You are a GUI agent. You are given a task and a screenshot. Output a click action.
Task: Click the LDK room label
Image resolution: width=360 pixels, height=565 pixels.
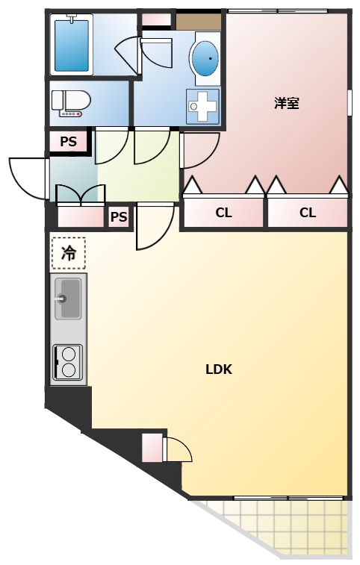219,369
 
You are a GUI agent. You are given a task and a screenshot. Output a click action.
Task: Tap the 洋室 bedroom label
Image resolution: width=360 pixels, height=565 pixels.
286,103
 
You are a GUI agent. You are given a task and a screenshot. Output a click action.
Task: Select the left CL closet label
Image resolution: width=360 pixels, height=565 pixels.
223,213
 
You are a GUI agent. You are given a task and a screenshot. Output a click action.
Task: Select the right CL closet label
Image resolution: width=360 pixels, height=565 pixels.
307,213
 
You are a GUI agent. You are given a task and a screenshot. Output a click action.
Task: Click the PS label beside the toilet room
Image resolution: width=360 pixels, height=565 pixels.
68,142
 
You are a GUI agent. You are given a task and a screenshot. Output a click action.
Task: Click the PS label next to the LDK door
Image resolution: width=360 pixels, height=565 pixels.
119,217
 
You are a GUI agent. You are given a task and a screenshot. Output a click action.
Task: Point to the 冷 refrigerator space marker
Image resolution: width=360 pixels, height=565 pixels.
69,253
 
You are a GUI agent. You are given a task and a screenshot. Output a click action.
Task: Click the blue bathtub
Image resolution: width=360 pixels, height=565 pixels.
72,46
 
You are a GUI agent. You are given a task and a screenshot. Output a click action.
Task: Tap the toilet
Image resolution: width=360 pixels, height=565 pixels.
71,103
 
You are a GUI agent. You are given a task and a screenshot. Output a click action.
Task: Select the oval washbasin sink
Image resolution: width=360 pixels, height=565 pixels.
205,59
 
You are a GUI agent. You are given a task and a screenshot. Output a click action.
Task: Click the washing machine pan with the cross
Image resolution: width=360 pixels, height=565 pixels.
202,106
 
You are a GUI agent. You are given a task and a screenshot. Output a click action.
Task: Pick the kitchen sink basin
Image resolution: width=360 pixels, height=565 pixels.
68,299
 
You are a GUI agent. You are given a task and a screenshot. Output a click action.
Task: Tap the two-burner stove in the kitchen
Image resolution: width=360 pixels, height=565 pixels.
68,363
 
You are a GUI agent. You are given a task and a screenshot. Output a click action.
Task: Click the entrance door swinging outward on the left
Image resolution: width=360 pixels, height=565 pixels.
29,178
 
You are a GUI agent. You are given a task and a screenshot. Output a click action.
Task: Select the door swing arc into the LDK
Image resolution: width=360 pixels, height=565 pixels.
155,226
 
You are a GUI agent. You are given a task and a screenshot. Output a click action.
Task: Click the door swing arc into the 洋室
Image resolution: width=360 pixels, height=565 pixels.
201,150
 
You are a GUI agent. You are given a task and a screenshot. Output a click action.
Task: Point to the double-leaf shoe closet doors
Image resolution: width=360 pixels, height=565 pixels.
81,195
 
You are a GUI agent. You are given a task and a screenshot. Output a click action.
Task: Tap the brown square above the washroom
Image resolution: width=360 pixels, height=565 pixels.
199,22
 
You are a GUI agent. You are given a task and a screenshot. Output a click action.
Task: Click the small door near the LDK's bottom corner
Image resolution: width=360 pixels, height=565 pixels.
177,449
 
